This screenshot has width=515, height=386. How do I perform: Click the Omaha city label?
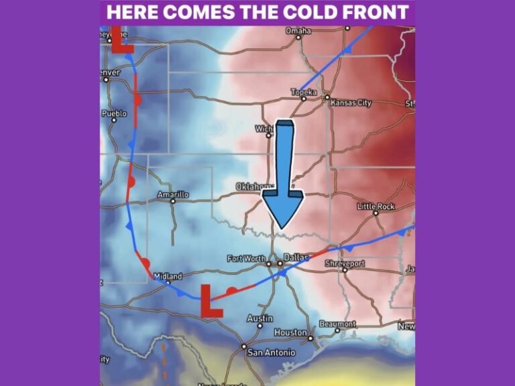point(298,31)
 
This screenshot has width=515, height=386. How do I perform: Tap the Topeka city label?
point(303,92)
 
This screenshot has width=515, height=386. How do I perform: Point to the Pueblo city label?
point(114,113)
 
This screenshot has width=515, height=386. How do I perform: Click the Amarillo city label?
point(173,194)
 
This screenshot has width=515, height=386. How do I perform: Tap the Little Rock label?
point(376,206)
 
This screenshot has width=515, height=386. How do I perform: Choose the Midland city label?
point(168,276)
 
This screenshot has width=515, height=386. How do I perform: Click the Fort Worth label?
point(247,259)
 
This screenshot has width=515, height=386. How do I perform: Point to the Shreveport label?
point(345,263)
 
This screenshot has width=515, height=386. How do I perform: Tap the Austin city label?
point(260,318)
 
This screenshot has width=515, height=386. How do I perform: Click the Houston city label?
point(290,332)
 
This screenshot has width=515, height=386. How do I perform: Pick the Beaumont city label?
point(337,324)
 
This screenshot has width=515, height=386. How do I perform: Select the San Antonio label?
point(271,352)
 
